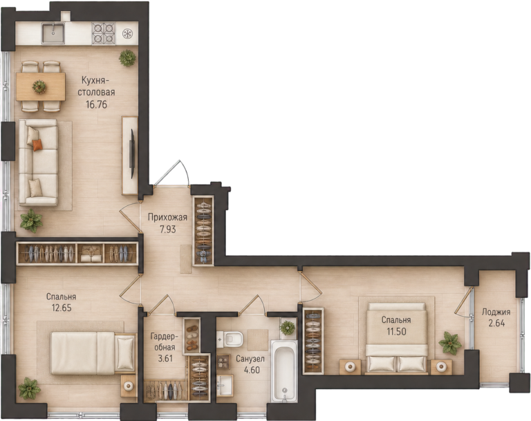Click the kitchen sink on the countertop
53,33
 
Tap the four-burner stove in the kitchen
103,34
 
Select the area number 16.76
96,104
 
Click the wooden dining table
41,86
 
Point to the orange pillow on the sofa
37,144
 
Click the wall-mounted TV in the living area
133,153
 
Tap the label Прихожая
167,218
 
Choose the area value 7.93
168,230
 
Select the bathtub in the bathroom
283,371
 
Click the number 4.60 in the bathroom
252,370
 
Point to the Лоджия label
496,312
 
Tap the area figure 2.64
496,323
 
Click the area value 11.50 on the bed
396,331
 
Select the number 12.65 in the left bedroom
62,308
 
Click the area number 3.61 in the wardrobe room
166,358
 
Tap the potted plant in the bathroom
288,328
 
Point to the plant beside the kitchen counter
127,58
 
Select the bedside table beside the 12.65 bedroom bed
129,386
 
